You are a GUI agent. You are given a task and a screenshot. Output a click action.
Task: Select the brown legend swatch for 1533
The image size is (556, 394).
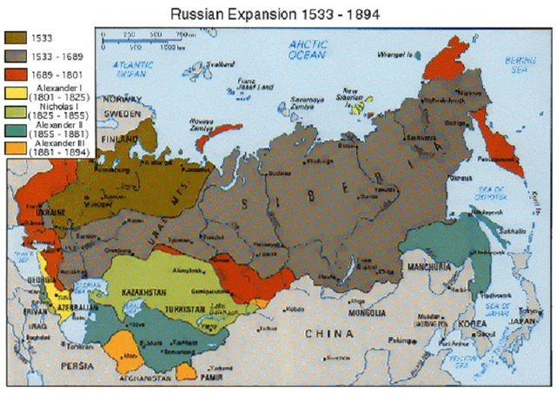coord(16,38)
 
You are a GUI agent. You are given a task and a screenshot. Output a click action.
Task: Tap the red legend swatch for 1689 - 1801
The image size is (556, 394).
coord(16,75)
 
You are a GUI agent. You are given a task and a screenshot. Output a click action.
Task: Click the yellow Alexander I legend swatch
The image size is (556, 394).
coord(16,94)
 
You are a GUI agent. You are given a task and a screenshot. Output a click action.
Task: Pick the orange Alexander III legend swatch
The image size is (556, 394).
coord(16,148)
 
